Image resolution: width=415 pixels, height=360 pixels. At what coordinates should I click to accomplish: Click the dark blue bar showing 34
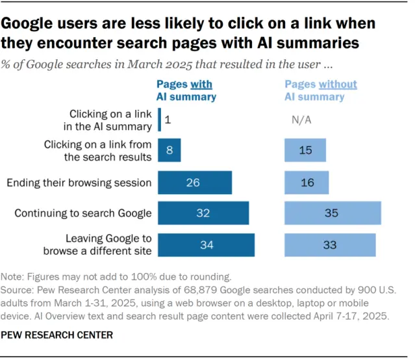click(x=206, y=244)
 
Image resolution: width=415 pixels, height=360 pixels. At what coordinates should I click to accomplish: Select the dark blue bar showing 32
click(x=203, y=213)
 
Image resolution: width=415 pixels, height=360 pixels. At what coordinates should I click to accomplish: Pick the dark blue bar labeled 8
click(x=170, y=150)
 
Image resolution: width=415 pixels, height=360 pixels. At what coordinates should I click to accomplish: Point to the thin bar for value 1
click(x=159, y=120)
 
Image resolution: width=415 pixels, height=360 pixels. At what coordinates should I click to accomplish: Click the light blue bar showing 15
click(x=307, y=150)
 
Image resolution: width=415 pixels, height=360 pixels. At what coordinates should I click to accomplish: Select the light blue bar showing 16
click(x=307, y=183)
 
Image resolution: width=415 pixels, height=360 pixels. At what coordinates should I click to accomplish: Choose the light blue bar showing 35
click(x=333, y=213)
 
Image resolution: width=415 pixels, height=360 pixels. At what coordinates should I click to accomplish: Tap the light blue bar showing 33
click(x=330, y=244)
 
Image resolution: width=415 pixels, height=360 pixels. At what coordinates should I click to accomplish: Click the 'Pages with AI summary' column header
click(x=186, y=90)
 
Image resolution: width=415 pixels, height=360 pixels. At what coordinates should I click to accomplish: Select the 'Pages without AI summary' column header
click(x=321, y=90)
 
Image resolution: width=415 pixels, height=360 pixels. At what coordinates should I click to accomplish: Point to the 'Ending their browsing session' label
click(x=79, y=183)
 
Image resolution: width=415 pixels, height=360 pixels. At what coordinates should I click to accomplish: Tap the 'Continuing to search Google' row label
click(x=83, y=213)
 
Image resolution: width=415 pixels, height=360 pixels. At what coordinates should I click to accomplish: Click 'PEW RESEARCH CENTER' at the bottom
click(x=58, y=335)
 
